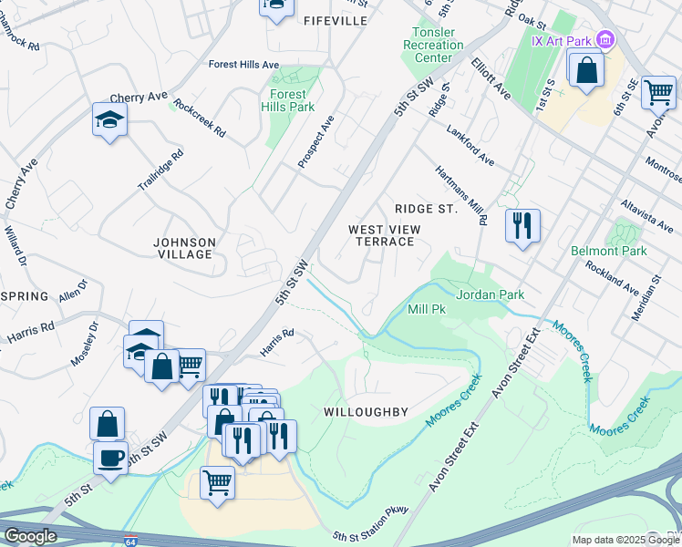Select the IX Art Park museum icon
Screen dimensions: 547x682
[x=604, y=39]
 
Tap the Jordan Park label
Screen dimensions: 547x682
[x=490, y=295]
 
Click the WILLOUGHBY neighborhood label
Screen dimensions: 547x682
[x=366, y=412]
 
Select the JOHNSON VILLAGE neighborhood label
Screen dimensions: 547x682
[x=184, y=248]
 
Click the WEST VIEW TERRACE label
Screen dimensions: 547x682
[x=382, y=235]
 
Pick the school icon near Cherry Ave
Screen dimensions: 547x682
[x=109, y=119]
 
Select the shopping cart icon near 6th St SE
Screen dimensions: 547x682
[x=658, y=91]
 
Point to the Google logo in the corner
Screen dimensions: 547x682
[x=30, y=535]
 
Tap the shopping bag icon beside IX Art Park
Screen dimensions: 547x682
[x=586, y=69]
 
